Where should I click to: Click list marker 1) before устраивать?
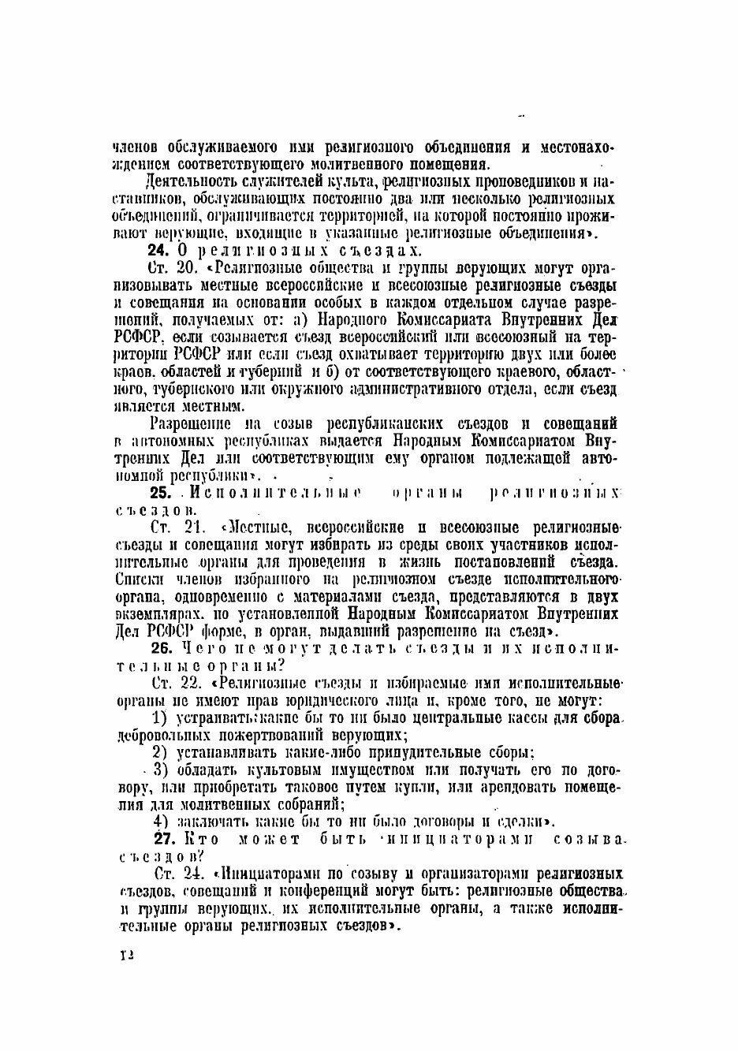click(x=160, y=717)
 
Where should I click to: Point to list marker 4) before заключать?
click(x=162, y=821)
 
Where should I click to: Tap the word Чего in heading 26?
click(x=196, y=647)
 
